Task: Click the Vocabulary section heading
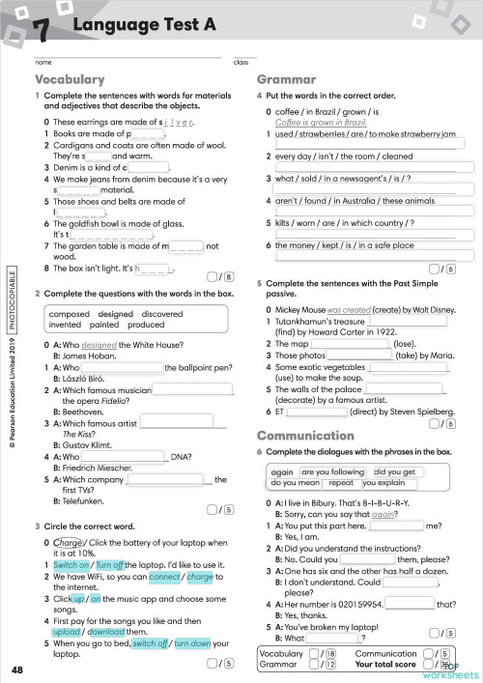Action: click(x=70, y=79)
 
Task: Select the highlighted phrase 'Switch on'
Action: click(x=71, y=563)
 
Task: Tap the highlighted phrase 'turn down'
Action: click(x=195, y=642)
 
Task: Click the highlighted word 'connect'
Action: click(x=165, y=577)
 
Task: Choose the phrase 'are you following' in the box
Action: click(x=334, y=471)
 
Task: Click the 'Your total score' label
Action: click(x=387, y=665)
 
